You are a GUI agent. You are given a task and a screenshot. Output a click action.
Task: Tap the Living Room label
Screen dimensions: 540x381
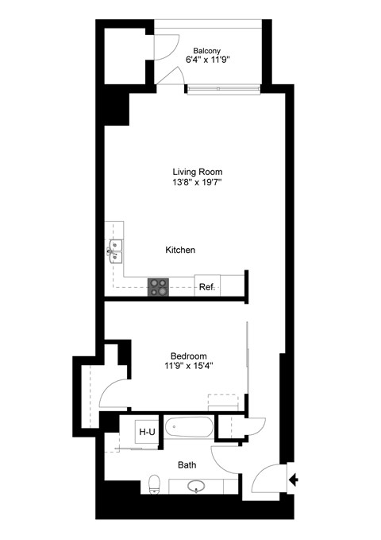point(198,171)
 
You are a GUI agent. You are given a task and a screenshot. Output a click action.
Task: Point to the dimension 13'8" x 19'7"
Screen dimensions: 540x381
point(198,182)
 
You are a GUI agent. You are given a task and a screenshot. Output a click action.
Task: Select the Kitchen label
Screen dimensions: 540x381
point(180,250)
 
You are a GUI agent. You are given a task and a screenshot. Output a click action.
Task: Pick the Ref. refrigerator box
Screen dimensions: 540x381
point(207,286)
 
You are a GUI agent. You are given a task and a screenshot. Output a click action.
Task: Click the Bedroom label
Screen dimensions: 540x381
point(189,355)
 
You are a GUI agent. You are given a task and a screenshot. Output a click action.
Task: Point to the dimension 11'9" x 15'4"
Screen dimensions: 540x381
point(188,366)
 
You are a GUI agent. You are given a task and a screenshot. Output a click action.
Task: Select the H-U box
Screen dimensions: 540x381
point(147,432)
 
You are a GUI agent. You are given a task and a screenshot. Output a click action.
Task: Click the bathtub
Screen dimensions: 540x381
point(190,430)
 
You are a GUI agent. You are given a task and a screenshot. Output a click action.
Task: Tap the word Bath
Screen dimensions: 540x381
point(187,464)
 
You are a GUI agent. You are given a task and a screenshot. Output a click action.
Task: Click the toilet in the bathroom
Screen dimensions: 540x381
point(155,483)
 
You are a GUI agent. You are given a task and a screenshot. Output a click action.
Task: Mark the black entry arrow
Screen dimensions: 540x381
point(294,479)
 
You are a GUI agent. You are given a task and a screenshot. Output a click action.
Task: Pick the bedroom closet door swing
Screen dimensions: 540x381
point(113,390)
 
